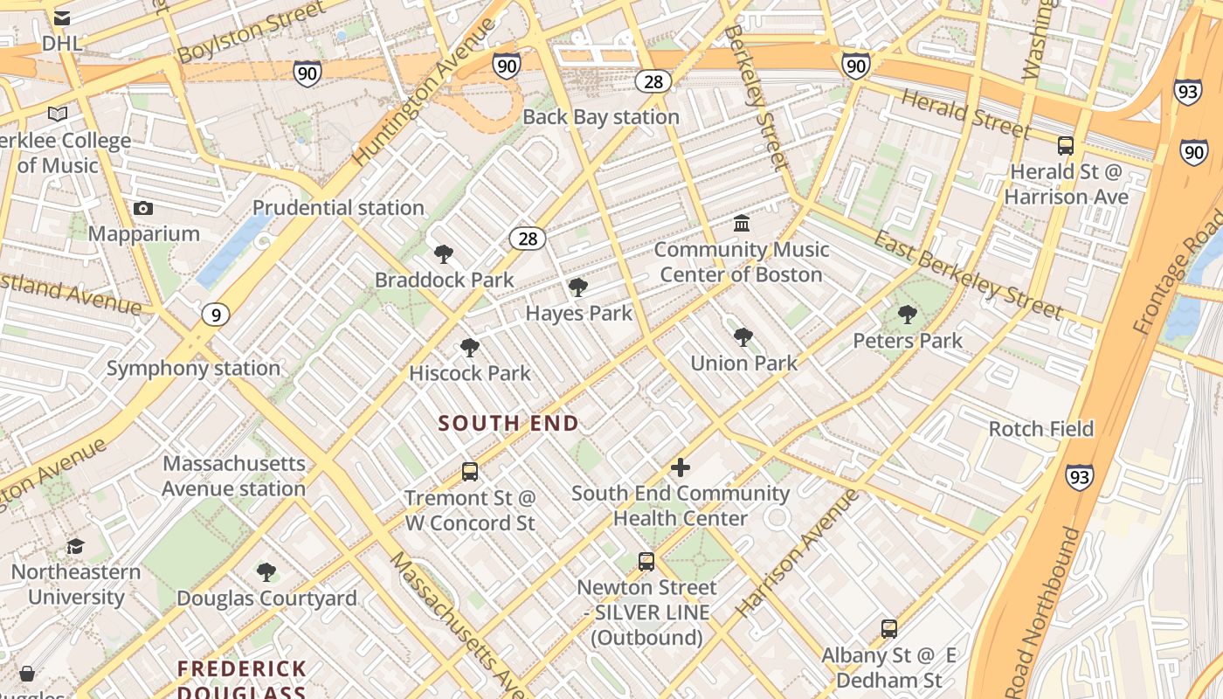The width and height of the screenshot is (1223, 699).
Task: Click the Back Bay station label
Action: pos(600,117)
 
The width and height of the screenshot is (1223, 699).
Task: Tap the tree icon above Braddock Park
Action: pos(444,254)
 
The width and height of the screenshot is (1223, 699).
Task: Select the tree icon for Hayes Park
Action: pos(577,287)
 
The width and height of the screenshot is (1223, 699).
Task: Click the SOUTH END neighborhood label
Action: pos(508,424)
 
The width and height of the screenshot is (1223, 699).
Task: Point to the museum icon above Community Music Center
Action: pos(742,224)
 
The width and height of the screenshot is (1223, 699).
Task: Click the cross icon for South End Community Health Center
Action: pos(680,467)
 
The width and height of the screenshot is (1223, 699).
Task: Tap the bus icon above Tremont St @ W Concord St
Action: pos(470,472)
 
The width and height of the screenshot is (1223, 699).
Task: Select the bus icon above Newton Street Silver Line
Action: pos(646,562)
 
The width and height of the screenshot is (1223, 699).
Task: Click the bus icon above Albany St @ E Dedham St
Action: pos(889,629)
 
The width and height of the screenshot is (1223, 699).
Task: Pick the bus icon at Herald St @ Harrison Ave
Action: pos(1066,146)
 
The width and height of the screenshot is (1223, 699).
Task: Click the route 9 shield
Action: pos(216,315)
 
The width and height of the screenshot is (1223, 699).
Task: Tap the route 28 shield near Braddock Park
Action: pos(528,239)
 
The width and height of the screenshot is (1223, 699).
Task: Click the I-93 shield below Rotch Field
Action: pos(1080,477)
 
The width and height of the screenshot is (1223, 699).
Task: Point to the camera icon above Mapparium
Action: pos(143,208)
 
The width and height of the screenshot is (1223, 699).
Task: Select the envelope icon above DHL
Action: pos(62,17)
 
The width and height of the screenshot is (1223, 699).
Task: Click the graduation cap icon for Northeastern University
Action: pos(75,547)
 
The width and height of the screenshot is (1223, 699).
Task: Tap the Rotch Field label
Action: pos(1040,429)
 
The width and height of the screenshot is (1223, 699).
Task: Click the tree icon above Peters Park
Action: pos(908,315)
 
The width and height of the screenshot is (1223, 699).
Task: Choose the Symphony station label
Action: pos(193,368)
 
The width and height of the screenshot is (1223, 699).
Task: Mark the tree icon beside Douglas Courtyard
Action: pos(266,572)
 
